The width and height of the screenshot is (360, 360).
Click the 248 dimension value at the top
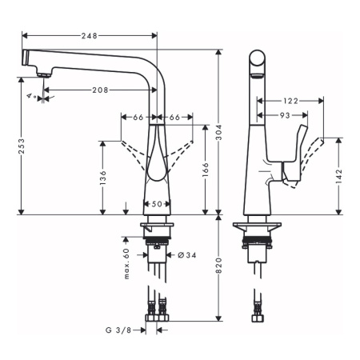(x=90, y=35)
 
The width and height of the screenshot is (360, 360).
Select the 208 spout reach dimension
(x=100, y=90)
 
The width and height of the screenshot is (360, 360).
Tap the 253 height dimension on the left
(x=21, y=146)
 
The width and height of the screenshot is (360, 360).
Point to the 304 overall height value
(x=218, y=132)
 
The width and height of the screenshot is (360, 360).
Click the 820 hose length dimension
(x=218, y=266)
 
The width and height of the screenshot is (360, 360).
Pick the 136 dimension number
(x=102, y=178)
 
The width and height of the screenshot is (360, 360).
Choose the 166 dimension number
(x=206, y=170)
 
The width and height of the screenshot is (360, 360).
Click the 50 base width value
(x=157, y=204)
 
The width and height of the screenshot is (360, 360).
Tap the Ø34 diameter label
(x=187, y=255)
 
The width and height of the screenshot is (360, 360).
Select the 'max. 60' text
(x=126, y=264)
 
